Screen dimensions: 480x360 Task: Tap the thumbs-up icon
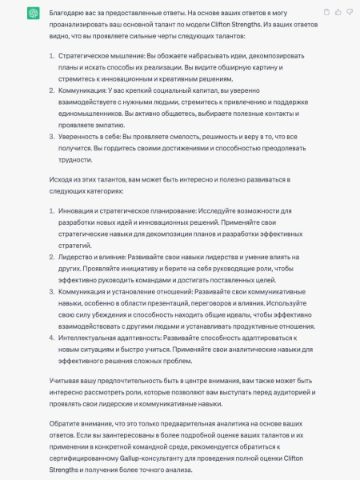tap(338, 12)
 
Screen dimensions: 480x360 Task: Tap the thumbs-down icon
tap(349, 12)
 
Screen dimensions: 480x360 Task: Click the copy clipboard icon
tap(326, 12)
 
